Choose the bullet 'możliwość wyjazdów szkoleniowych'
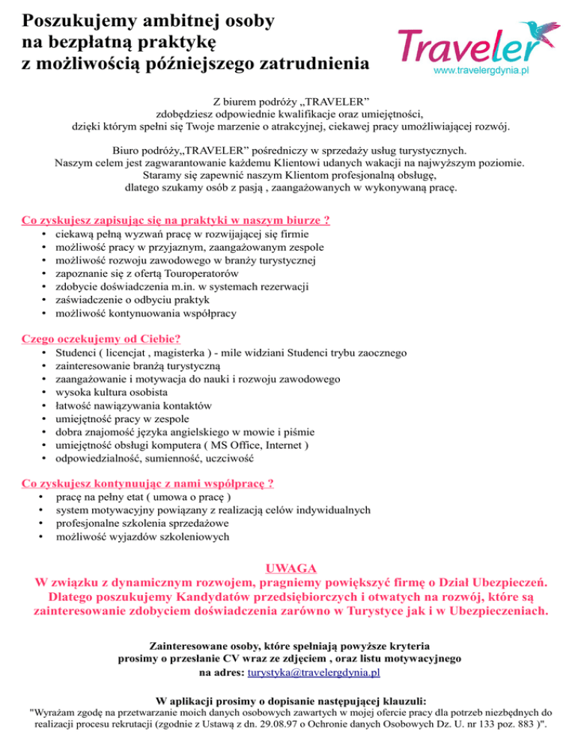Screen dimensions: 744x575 [143, 537]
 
